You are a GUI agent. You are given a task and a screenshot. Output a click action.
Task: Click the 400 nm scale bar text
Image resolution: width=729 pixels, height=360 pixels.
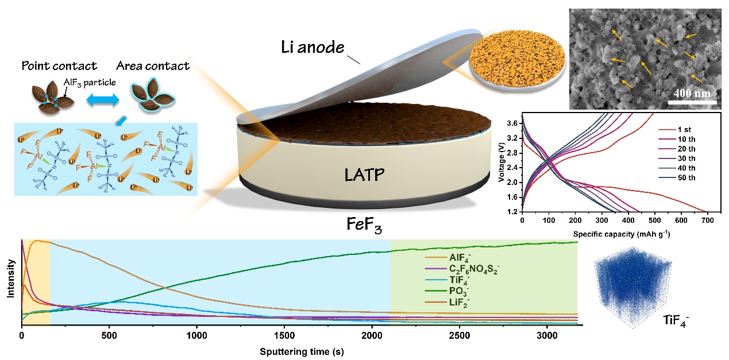[692, 93]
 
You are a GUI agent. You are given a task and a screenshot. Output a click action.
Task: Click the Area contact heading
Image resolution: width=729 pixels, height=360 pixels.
[152, 66]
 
